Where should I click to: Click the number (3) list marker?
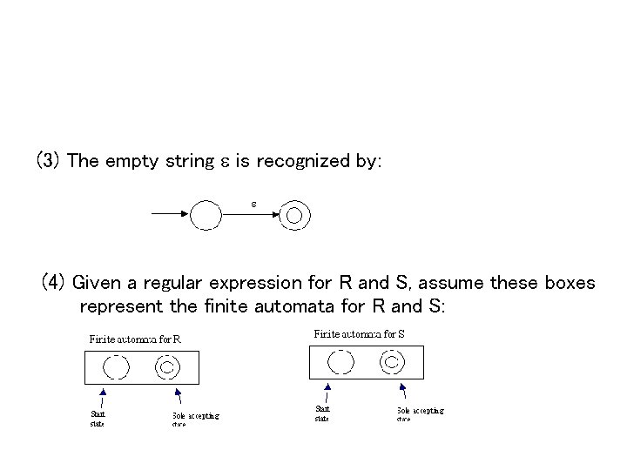(48, 161)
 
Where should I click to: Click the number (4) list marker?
(54, 283)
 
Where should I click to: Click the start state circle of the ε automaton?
(206, 214)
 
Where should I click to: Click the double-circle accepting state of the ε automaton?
(294, 214)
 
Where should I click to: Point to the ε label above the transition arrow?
(253, 204)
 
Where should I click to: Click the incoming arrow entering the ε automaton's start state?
(171, 213)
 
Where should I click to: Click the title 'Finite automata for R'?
(135, 339)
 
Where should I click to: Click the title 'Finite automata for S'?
(359, 333)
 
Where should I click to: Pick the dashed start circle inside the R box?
(115, 366)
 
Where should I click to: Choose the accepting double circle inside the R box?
(166, 366)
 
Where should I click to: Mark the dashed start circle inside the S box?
(340, 361)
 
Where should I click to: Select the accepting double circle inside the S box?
(391, 361)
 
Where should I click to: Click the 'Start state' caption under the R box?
(98, 419)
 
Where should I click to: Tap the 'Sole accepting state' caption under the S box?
(420, 413)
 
